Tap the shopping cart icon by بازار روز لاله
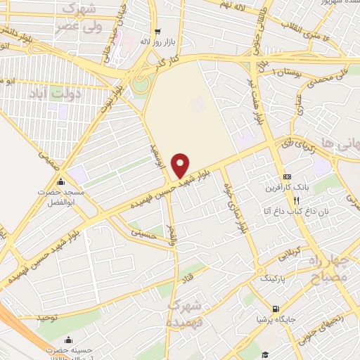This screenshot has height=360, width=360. coord(157,32)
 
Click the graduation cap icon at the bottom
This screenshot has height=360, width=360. coord(266,354)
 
